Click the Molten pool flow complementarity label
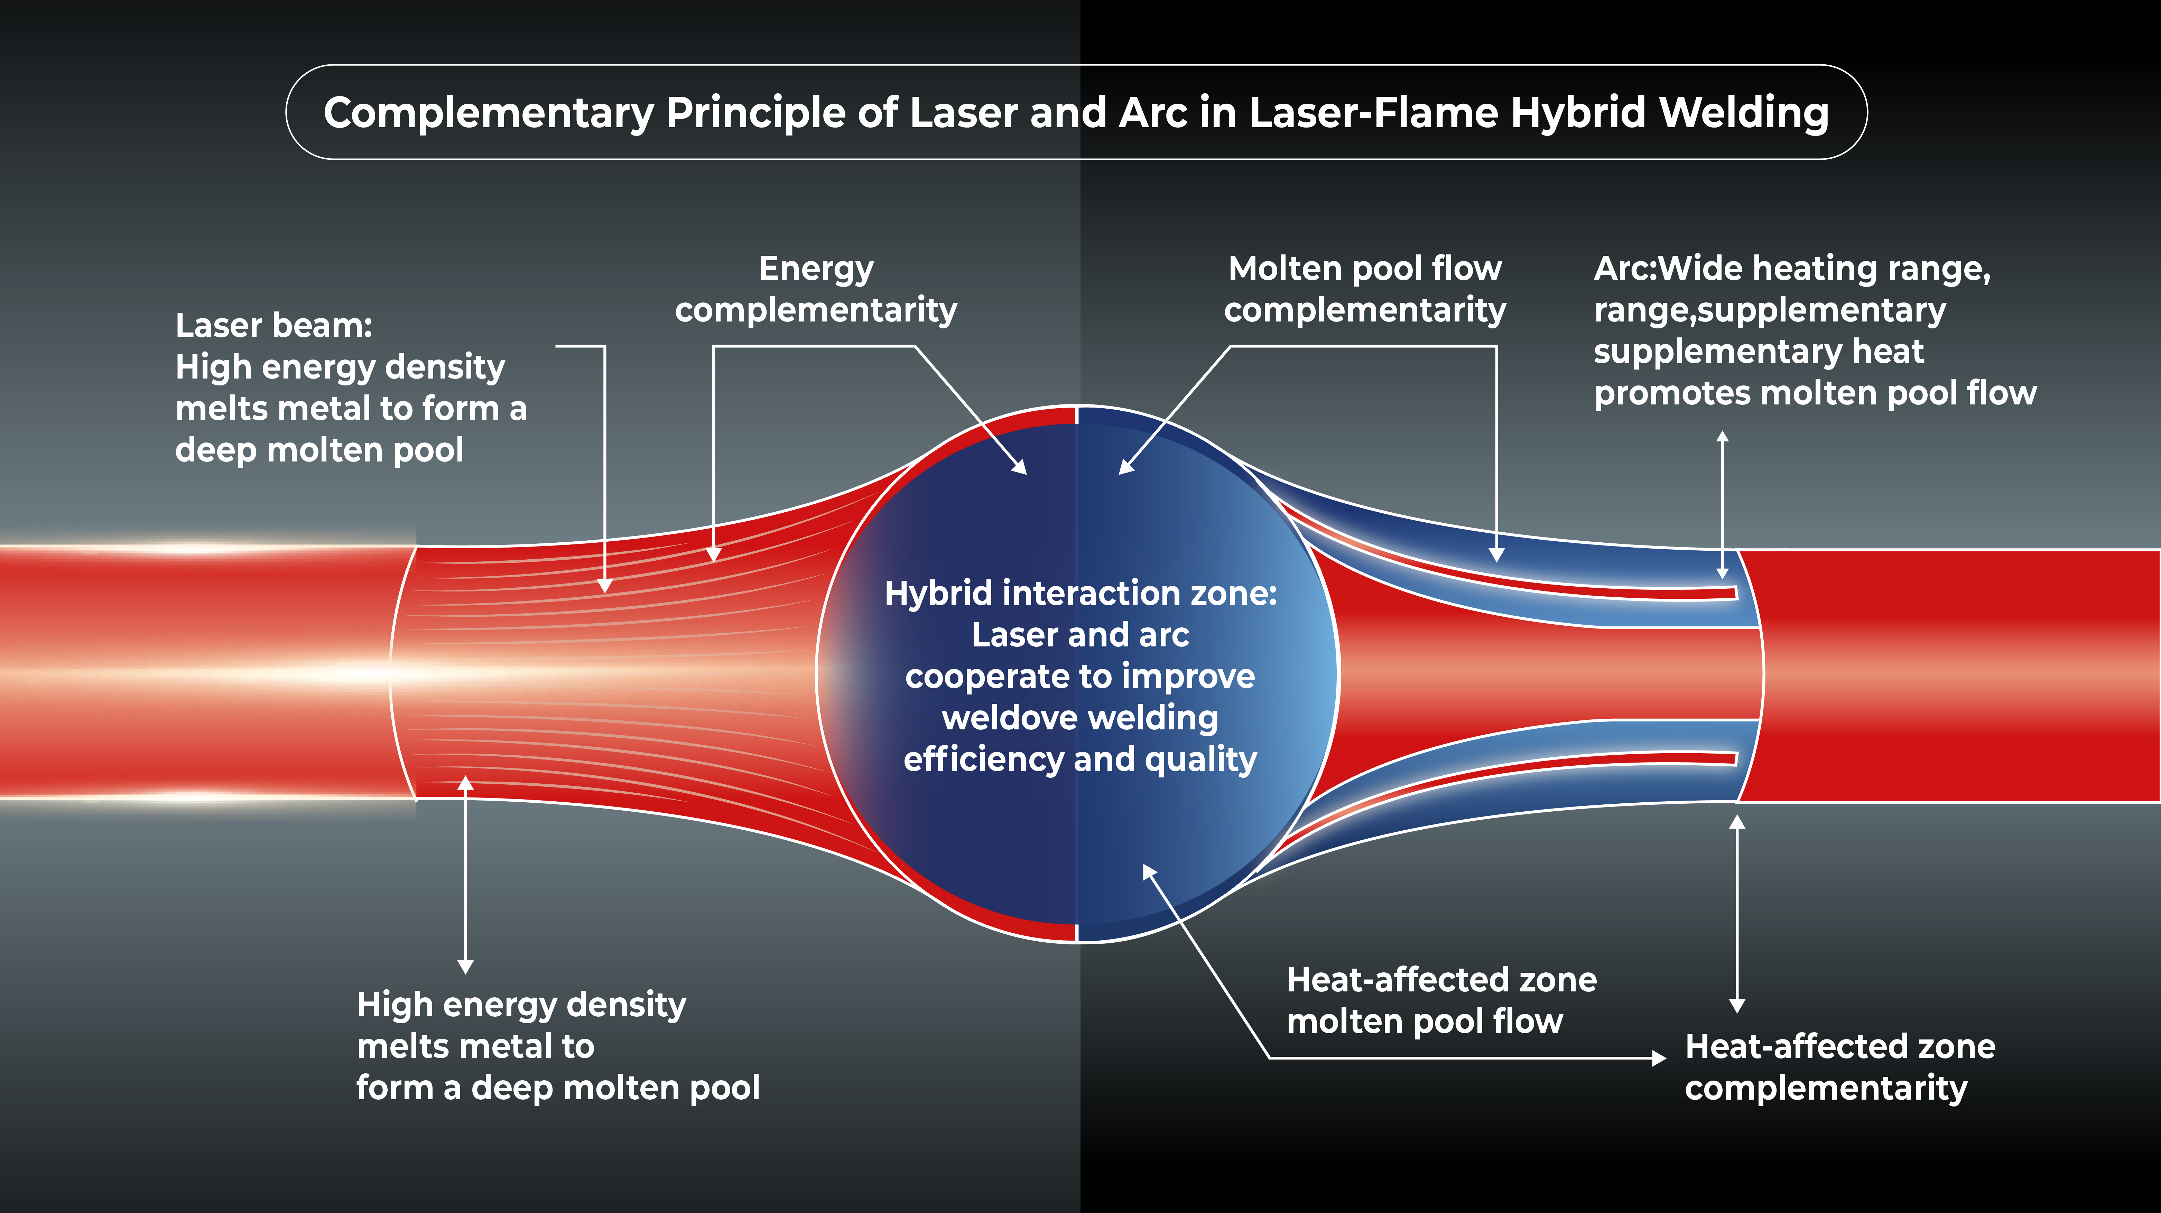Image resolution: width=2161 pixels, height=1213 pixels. [x=1365, y=289]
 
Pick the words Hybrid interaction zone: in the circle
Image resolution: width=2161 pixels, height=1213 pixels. [x=1080, y=593]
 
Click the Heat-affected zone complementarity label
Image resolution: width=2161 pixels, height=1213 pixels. [x=1840, y=1067]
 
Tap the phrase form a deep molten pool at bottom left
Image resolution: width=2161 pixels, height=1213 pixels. [x=558, y=1088]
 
